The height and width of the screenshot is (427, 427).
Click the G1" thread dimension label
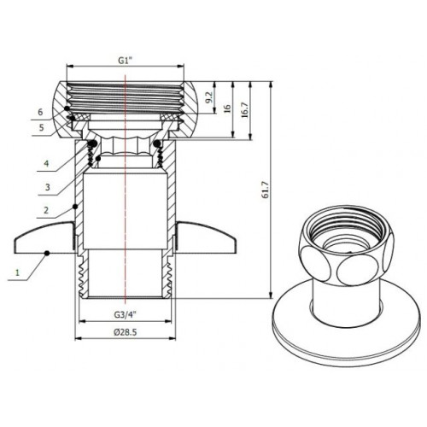point(126,61)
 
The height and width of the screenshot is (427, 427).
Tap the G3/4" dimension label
point(126,314)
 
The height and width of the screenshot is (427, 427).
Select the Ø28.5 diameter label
point(125,332)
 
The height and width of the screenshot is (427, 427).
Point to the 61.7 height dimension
point(266,190)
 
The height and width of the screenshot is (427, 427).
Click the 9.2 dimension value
point(209,97)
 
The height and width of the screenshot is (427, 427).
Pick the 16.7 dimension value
point(246,110)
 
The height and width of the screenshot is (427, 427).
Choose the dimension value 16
point(227,108)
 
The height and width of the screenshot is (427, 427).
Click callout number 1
point(17,272)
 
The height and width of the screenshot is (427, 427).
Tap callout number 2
point(46,210)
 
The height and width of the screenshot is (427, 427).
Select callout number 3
point(48,187)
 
